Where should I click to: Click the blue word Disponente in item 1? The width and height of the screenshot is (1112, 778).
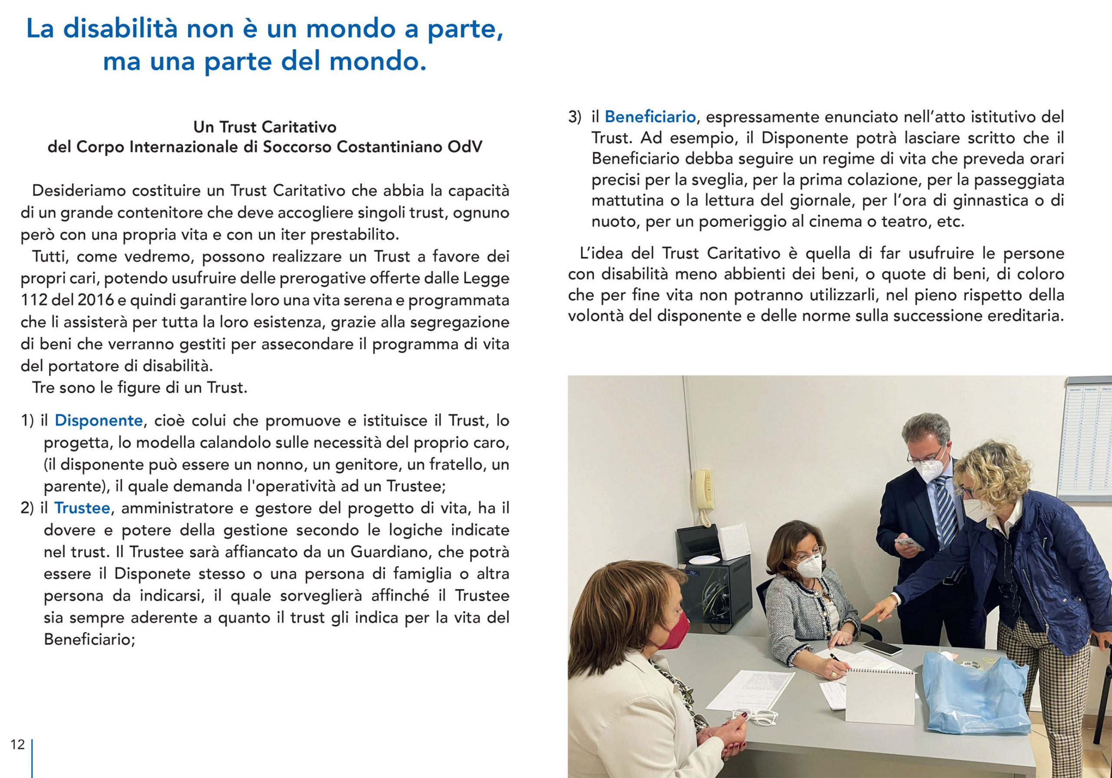click(98, 420)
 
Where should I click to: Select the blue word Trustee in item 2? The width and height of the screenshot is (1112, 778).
click(83, 508)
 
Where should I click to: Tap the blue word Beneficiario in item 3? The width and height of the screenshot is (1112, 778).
click(650, 117)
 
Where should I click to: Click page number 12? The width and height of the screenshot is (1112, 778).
click(17, 744)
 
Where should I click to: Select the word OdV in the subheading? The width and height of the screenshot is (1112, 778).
click(465, 147)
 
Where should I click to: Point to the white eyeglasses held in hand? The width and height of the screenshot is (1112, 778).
click(754, 716)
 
